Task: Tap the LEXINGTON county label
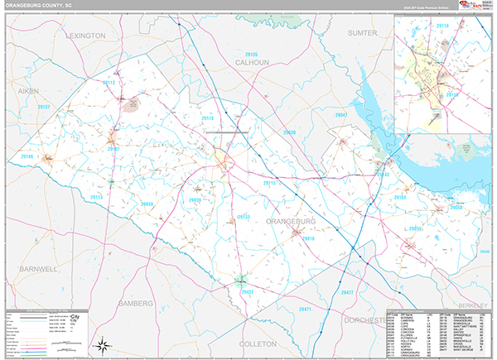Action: [82, 36]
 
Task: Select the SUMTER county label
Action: [361, 33]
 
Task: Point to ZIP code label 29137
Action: [44, 108]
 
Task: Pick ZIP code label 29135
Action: [251, 55]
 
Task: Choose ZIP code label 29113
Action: [95, 197]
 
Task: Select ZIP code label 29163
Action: [400, 199]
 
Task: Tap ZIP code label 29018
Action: [308, 238]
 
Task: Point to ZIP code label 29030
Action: [288, 132]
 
